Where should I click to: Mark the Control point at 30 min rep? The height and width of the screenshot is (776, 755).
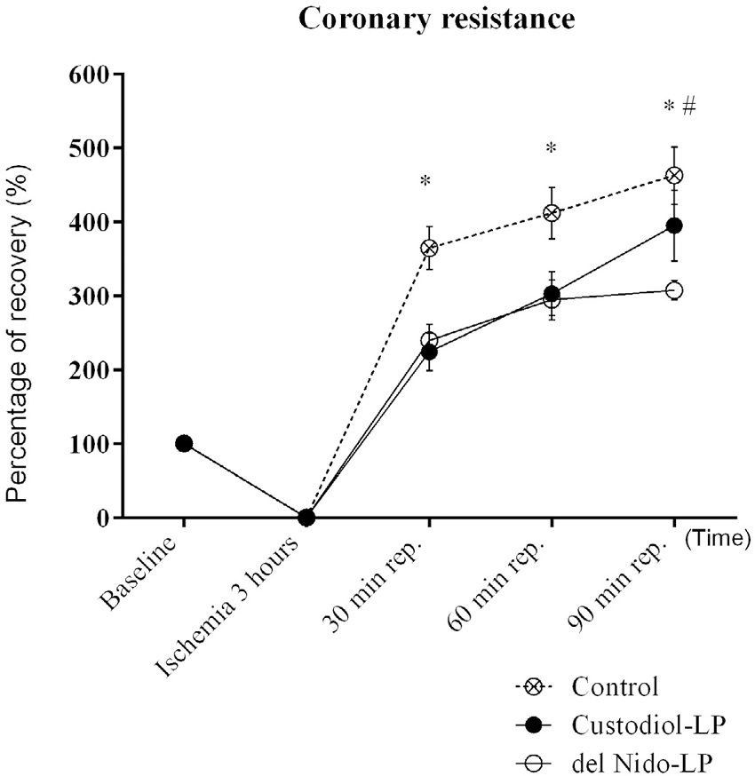429,248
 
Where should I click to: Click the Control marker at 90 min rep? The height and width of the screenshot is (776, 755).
674,176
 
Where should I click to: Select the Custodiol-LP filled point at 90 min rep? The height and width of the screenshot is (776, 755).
674,226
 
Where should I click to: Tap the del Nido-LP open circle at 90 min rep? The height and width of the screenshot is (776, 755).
674,291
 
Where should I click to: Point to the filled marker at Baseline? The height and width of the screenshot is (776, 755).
184,443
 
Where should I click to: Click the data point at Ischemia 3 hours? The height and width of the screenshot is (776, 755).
306,517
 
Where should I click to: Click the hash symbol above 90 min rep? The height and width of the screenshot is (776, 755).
688,107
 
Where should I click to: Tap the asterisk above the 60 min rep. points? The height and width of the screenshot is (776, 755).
551,148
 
